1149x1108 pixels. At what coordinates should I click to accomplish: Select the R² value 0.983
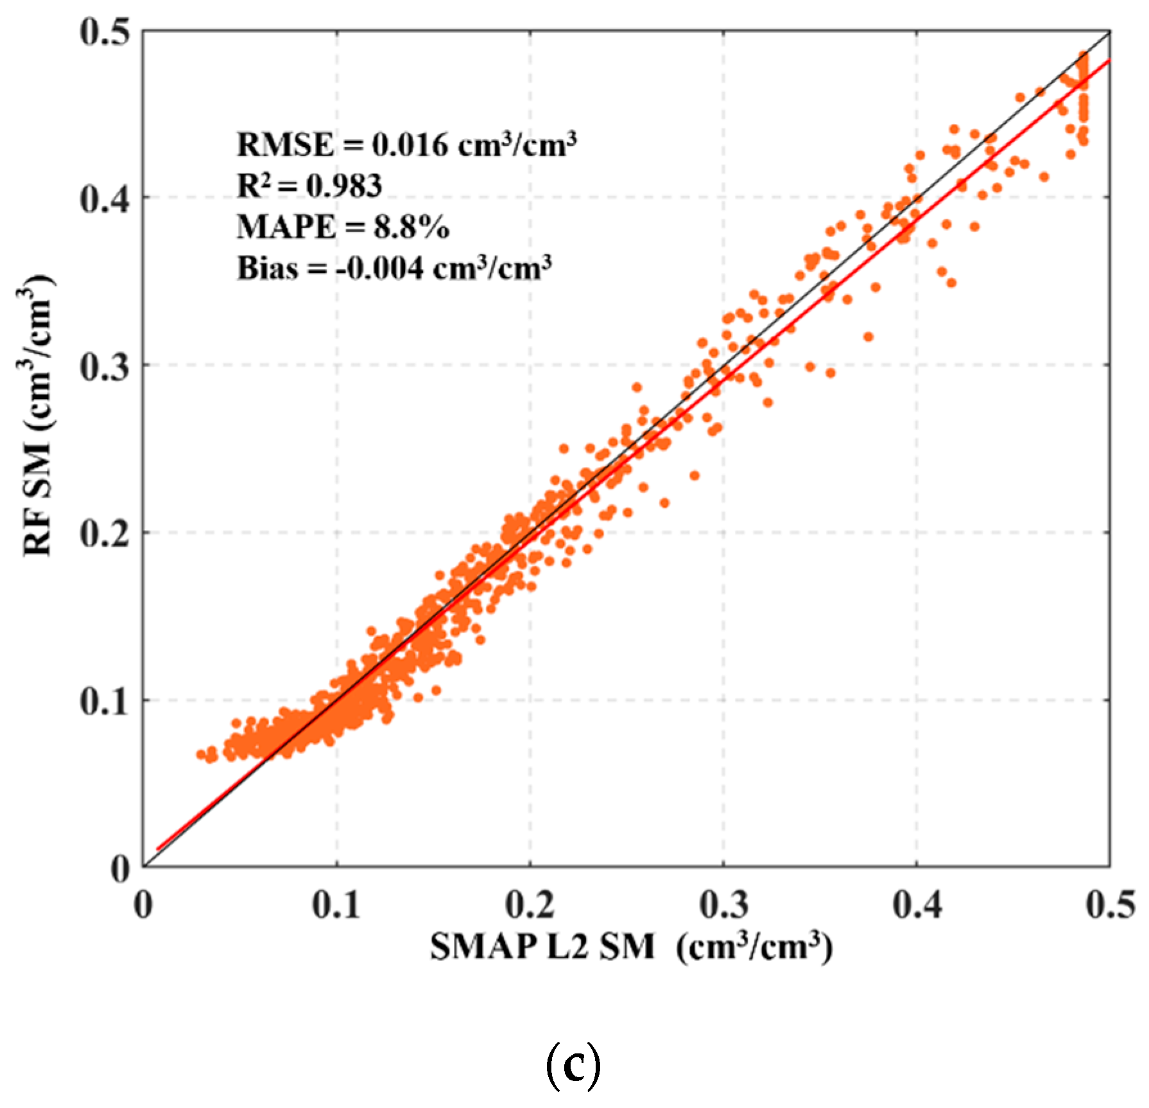tap(344, 186)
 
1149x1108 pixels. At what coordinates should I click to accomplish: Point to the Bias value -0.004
tap(377, 268)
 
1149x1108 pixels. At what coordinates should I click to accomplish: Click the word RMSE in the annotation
tap(286, 145)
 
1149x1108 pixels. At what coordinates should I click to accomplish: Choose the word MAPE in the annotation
tap(286, 227)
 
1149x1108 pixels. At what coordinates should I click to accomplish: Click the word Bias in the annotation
tap(268, 268)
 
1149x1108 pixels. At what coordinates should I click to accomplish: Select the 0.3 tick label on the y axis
tap(105, 366)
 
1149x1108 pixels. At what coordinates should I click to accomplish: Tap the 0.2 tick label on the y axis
tap(105, 534)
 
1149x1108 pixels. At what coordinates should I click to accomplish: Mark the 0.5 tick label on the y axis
tap(105, 32)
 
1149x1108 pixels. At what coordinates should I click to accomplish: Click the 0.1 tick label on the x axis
tap(336, 905)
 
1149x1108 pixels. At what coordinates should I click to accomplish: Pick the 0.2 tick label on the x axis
tap(530, 905)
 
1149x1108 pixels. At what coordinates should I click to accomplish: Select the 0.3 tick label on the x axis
tap(723, 905)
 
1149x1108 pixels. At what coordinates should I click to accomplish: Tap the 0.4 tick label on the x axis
tap(917, 905)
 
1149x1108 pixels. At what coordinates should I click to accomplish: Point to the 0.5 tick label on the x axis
tap(1110, 905)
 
